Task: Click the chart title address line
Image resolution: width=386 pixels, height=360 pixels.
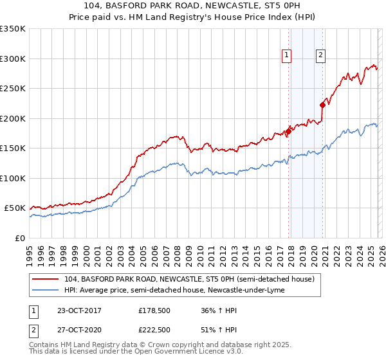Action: click(x=192, y=6)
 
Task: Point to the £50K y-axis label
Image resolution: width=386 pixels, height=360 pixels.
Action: click(x=15, y=208)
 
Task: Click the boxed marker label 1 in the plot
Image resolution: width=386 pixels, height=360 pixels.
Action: click(x=286, y=56)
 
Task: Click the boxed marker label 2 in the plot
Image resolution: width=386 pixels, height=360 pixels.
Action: click(x=320, y=56)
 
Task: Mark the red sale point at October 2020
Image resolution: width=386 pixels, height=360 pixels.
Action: click(x=322, y=105)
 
